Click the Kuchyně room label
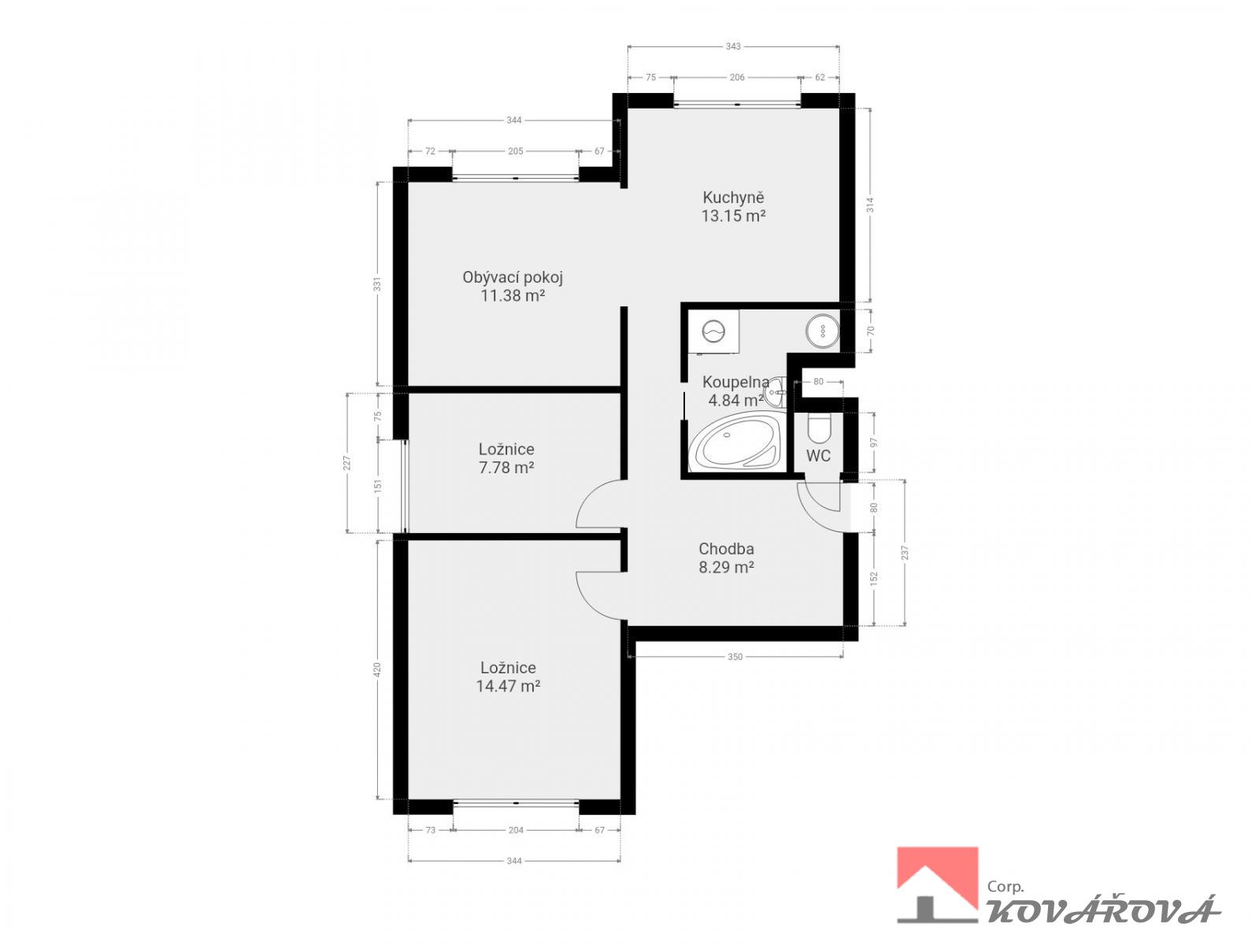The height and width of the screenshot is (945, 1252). (x=733, y=198)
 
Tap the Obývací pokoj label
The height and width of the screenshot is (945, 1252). (x=512, y=278)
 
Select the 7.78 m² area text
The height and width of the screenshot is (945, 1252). (x=506, y=468)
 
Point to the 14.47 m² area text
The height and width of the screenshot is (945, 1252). (x=508, y=685)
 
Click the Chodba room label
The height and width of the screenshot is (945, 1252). (x=726, y=549)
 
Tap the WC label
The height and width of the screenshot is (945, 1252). (x=818, y=456)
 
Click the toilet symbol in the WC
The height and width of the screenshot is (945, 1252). (x=819, y=428)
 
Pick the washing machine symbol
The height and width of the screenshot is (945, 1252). (x=713, y=332)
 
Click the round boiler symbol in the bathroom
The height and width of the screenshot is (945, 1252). (x=823, y=330)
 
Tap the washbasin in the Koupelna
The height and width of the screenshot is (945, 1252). (x=776, y=392)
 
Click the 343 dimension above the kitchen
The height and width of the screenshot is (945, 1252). (x=733, y=46)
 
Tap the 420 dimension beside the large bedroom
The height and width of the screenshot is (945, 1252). (x=377, y=669)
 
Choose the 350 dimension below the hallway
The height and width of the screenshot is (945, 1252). (x=735, y=657)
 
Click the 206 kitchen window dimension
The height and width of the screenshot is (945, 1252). (x=737, y=77)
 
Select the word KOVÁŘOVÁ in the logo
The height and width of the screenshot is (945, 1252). (x=1103, y=910)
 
